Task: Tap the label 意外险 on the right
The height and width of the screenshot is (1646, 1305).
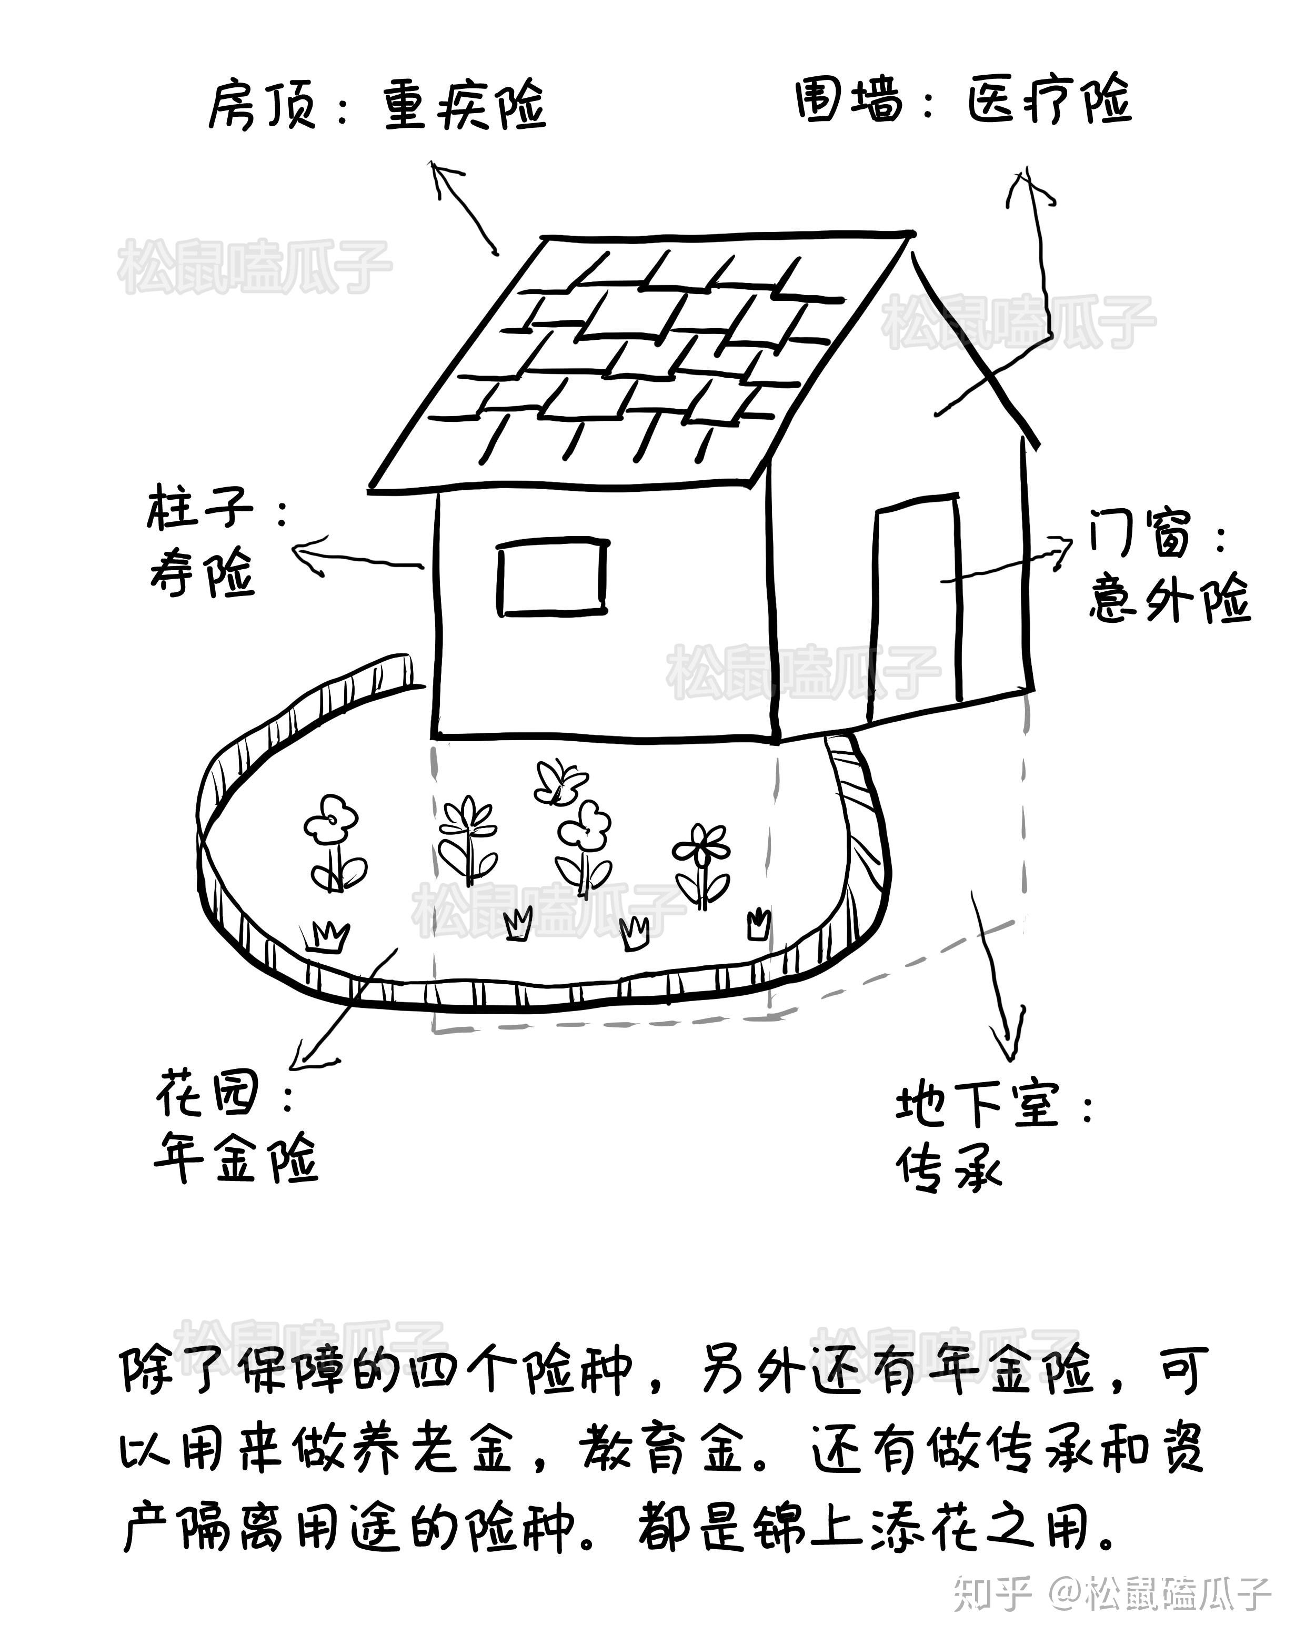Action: [x=1168, y=599]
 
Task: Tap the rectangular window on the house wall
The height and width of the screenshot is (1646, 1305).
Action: [x=552, y=577]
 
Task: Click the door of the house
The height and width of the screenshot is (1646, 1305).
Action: [x=916, y=603]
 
